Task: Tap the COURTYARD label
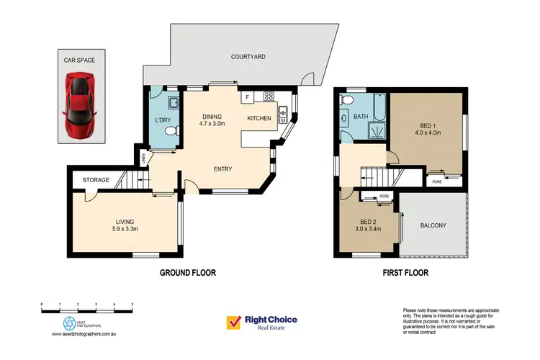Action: tap(248, 56)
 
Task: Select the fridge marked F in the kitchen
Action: tap(247, 96)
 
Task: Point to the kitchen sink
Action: tap(284, 110)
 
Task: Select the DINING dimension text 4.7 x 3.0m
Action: tap(212, 124)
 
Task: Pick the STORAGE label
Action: tap(95, 180)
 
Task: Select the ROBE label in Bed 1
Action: tap(437, 182)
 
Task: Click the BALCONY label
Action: tap(433, 225)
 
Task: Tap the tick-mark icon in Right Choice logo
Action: tap(234, 322)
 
